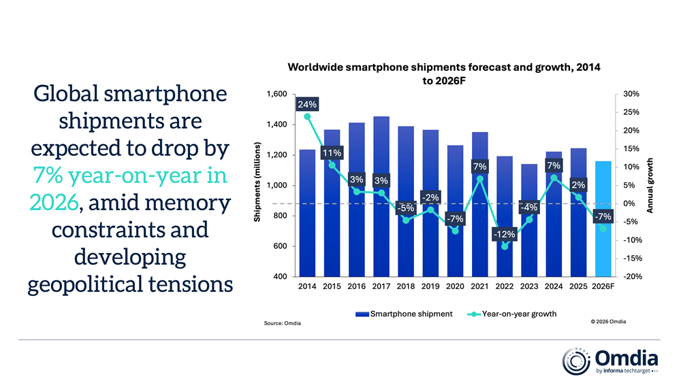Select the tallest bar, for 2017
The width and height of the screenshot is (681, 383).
[382, 197]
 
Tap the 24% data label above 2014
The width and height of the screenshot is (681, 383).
[307, 105]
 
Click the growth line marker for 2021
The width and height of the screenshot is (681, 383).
[480, 179]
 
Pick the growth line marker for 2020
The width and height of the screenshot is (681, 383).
[456, 231]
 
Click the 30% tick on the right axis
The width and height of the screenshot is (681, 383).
[629, 94]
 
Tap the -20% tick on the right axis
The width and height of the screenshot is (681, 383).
[629, 277]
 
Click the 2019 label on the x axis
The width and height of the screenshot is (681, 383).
[431, 287]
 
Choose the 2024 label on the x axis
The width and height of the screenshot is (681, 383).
[554, 287]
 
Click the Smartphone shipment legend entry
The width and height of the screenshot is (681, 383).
[404, 314]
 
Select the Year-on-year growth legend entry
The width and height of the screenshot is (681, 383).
[512, 314]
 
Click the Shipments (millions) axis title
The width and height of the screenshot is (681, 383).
[257, 182]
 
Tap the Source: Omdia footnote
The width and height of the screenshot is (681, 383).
[282, 323]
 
